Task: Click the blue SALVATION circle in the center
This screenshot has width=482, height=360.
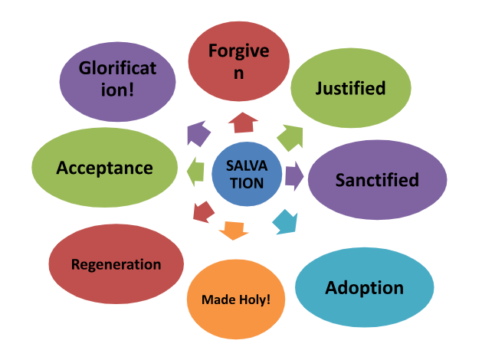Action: (246, 175)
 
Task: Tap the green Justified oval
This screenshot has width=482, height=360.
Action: (350, 88)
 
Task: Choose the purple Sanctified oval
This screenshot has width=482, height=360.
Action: (377, 180)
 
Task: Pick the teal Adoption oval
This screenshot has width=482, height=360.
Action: (364, 288)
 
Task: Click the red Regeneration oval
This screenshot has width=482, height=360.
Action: (116, 265)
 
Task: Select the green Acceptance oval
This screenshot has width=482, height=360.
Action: (105, 168)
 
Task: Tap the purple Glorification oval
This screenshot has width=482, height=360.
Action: (117, 78)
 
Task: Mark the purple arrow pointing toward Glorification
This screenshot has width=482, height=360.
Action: (198, 133)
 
